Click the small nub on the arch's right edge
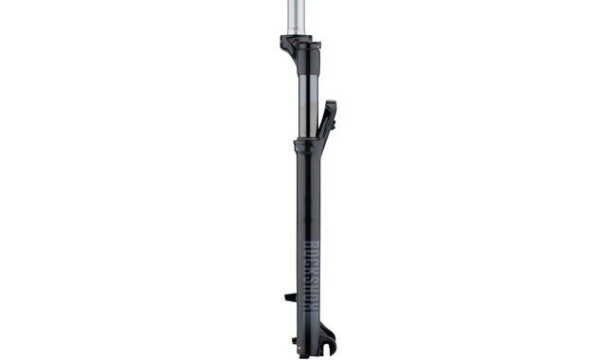(x=335, y=117)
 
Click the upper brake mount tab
(x=291, y=297)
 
